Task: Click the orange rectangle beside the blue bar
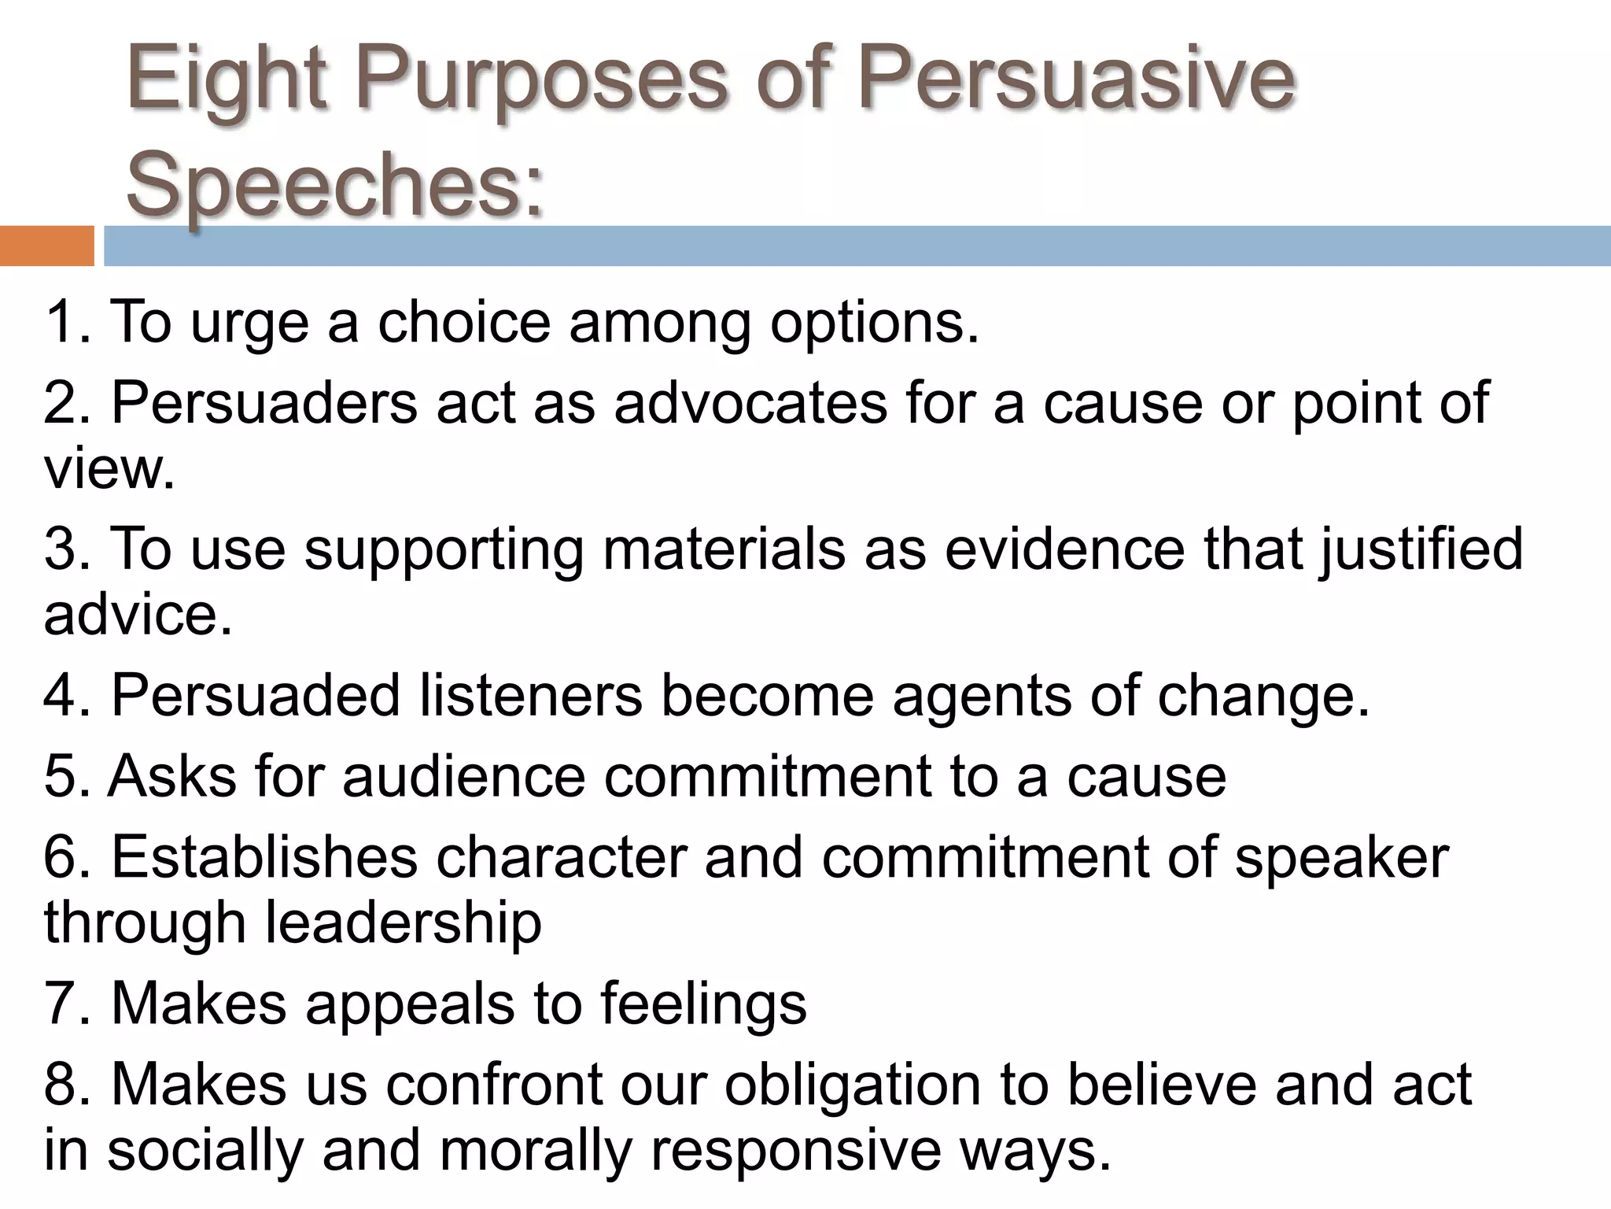coord(46,246)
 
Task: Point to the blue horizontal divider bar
coord(857,246)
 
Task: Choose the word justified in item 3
coord(1421,549)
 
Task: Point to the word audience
coord(464,776)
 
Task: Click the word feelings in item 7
coord(703,1004)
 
